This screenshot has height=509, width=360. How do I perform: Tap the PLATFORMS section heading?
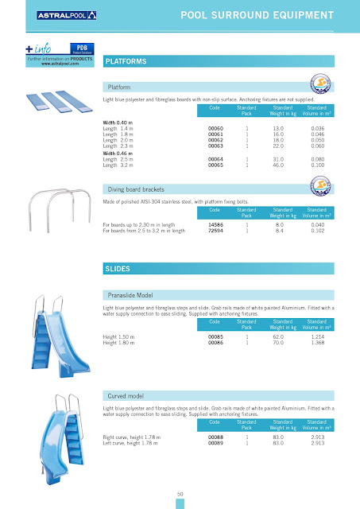coord(125,60)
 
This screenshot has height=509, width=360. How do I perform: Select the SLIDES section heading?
coord(118,270)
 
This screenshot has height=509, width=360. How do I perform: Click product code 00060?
coord(215,127)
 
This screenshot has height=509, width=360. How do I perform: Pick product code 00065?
coord(215,165)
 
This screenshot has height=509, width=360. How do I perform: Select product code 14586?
coord(215,225)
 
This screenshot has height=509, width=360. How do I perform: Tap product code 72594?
coord(215,231)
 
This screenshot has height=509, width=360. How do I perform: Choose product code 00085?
coord(215,337)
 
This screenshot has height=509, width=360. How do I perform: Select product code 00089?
coord(215,442)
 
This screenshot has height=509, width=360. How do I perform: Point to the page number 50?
coord(180,493)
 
